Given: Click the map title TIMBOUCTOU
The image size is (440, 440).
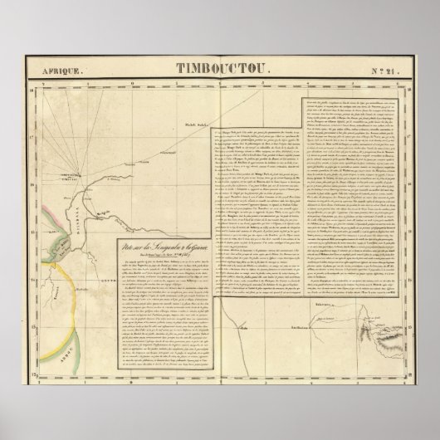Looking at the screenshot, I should (222, 71).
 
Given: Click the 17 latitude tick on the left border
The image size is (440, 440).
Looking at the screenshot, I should (35, 126).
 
